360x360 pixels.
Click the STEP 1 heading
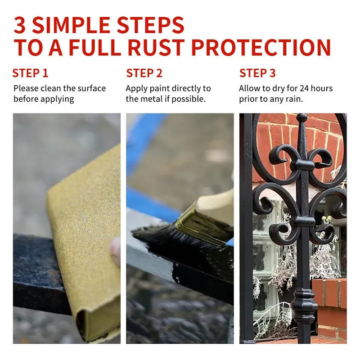point(30,73)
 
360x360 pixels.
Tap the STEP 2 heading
point(144,73)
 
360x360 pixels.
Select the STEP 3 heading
point(257,73)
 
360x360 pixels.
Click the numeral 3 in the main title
point(19,25)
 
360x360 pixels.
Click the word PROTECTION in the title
point(261,47)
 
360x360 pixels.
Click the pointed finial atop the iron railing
point(301,129)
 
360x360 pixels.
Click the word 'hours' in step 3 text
point(322,88)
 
